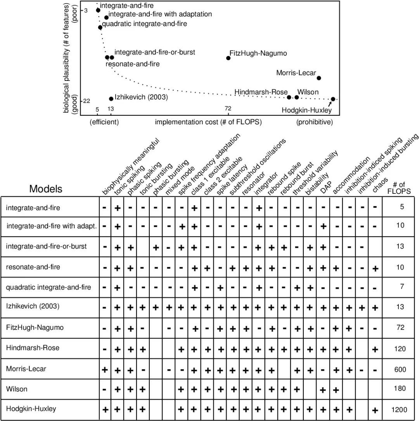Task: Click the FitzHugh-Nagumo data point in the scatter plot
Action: (x=228, y=58)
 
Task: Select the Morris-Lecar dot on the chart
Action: (x=319, y=78)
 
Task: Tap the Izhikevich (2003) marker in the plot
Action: (x=111, y=99)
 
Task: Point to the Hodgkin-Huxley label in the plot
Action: (x=306, y=110)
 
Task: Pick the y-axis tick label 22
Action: (x=87, y=101)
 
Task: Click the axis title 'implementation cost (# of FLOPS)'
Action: (x=208, y=122)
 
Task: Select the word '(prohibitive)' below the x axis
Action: (x=314, y=122)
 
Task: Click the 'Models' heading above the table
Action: (x=45, y=189)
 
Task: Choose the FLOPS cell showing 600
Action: (x=400, y=369)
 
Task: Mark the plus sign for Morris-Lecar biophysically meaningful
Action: (x=104, y=369)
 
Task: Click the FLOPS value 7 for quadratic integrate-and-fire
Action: (x=402, y=287)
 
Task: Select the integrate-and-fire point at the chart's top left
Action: (x=98, y=10)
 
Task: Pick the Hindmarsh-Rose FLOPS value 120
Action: (x=400, y=349)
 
